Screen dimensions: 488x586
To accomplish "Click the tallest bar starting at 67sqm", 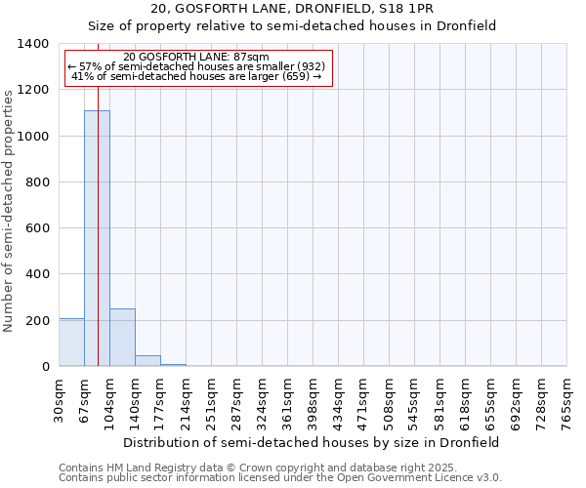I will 97,238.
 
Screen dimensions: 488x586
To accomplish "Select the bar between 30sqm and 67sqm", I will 71,343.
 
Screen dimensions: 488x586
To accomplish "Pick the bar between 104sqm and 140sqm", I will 122,338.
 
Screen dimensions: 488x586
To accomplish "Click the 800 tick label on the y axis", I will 37,183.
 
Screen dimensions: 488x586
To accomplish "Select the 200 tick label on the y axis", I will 37,321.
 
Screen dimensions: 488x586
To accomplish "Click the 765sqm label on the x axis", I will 567,398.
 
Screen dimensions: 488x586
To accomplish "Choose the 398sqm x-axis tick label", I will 314,398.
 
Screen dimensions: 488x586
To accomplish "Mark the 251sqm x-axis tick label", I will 212,398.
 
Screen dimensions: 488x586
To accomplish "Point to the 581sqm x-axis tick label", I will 440,398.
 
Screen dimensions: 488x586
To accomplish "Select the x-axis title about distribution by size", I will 313,442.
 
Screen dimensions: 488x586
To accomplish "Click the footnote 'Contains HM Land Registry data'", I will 251,468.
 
